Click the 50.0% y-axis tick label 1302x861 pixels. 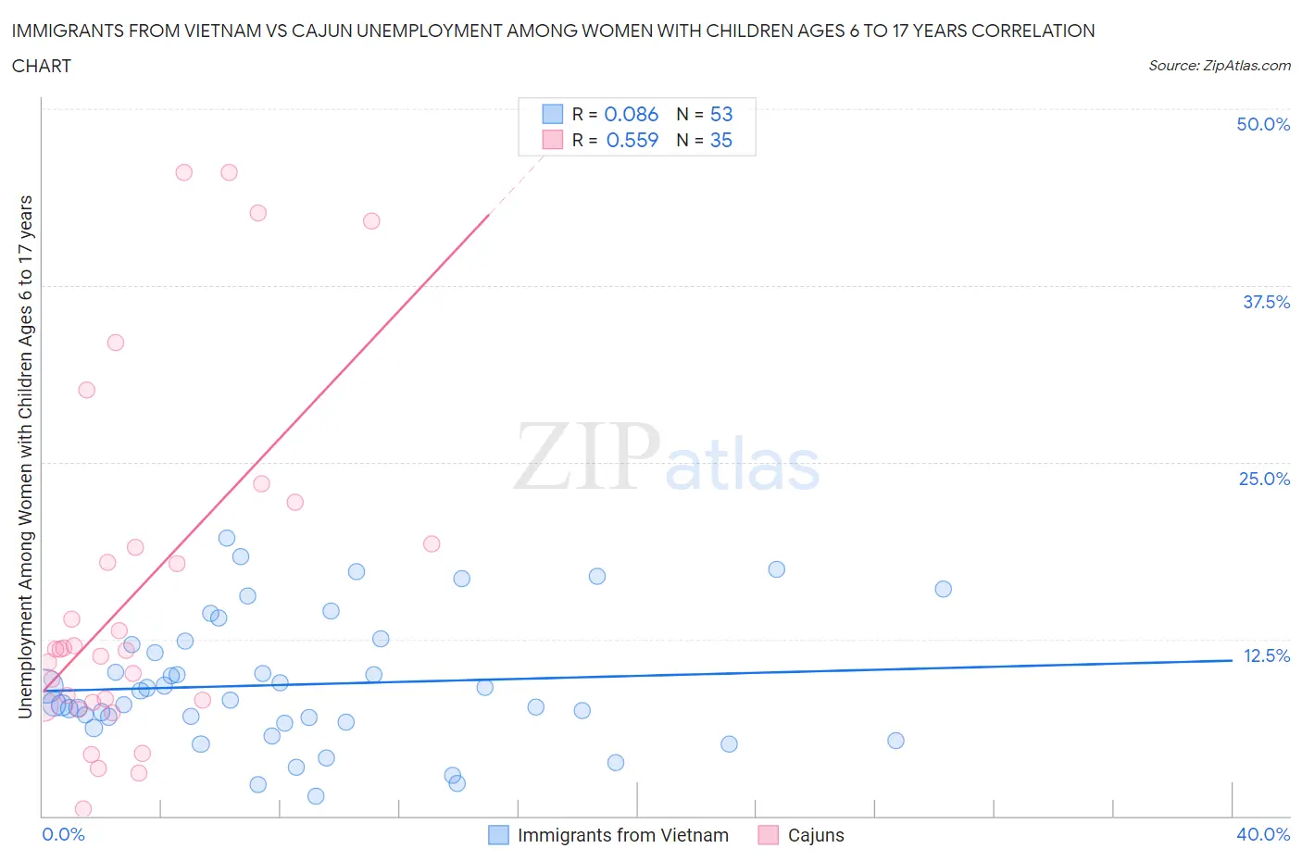point(1263,124)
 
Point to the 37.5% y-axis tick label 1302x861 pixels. point(1266,302)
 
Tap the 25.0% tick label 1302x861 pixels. point(1264,479)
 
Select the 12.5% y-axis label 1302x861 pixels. point(1266,655)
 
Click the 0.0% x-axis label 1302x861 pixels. point(63,834)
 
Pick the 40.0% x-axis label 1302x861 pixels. point(1263,834)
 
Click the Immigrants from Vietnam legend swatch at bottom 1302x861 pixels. point(498,835)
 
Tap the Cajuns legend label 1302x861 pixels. point(816,835)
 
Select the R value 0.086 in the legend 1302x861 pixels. point(631,114)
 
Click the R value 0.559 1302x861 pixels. point(632,140)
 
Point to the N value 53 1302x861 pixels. point(720,114)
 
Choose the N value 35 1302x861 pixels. point(720,140)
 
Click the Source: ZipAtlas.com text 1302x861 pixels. point(1219,66)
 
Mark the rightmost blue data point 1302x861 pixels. point(943,589)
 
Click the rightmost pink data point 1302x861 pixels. point(432,543)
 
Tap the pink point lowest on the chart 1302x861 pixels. point(83,809)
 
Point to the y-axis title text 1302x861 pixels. point(26,457)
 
